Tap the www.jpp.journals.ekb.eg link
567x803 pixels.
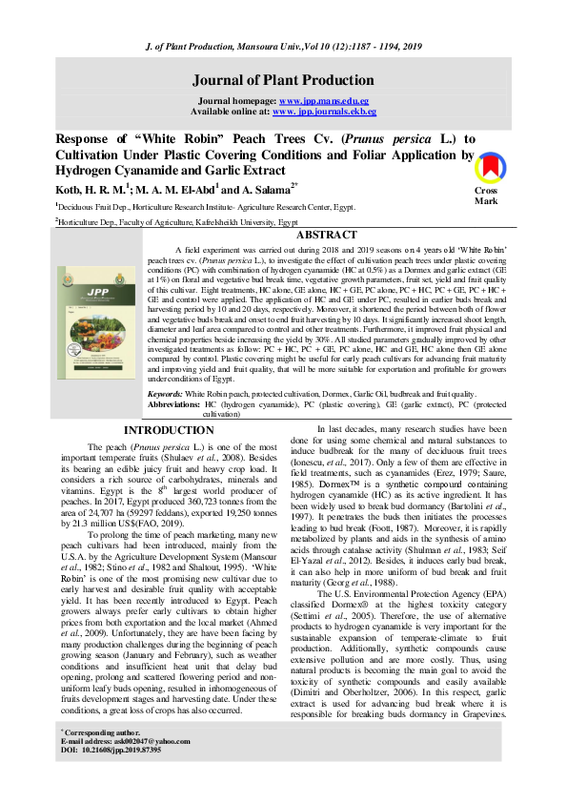click(x=324, y=111)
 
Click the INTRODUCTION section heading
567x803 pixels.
click(x=169, y=431)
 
